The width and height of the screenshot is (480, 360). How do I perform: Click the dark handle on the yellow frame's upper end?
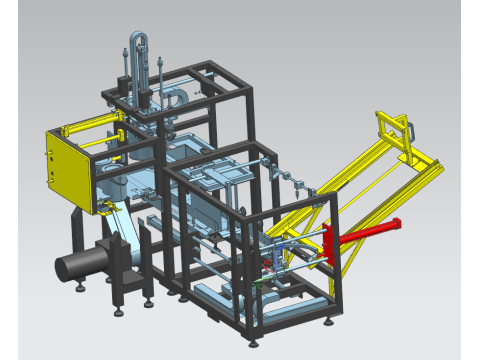point(409,130)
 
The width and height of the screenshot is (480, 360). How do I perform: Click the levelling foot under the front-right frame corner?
point(330,321)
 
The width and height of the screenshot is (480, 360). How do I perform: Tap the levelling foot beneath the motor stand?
point(80,289)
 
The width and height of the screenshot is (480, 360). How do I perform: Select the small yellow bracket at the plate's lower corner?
point(103,208)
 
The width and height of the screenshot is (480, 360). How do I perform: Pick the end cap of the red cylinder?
point(397,221)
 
